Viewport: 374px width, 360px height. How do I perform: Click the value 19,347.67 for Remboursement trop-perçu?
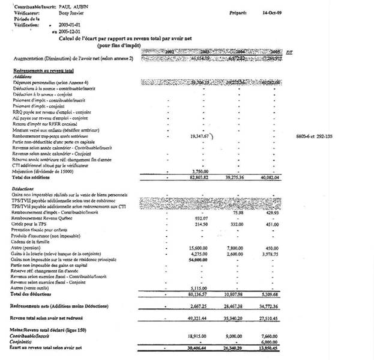click(200, 136)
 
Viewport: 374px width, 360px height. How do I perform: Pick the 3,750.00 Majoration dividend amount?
click(202, 171)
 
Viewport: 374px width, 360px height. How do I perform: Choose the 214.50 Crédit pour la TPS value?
click(206, 224)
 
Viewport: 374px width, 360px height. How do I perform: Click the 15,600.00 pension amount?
click(202, 247)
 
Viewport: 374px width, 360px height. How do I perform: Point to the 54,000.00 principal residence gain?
click(202, 258)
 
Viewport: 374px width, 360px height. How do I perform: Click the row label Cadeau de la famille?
click(34, 241)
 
